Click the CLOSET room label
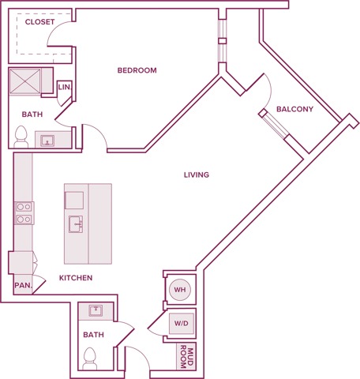click(x=39, y=22)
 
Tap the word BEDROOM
click(x=137, y=70)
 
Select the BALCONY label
click(x=294, y=109)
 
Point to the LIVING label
click(x=196, y=174)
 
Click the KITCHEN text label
click(x=76, y=278)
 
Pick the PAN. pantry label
click(x=21, y=285)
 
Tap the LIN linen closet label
click(x=65, y=87)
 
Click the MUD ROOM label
click(x=186, y=358)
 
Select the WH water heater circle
click(x=179, y=290)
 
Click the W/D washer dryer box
click(x=181, y=323)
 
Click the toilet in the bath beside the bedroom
click(x=21, y=139)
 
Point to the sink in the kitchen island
click(x=77, y=224)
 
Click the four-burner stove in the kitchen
click(x=24, y=212)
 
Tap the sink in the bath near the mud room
click(x=96, y=310)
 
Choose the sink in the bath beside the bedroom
click(x=47, y=141)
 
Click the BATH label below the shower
click(x=32, y=114)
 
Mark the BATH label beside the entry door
click(x=93, y=335)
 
